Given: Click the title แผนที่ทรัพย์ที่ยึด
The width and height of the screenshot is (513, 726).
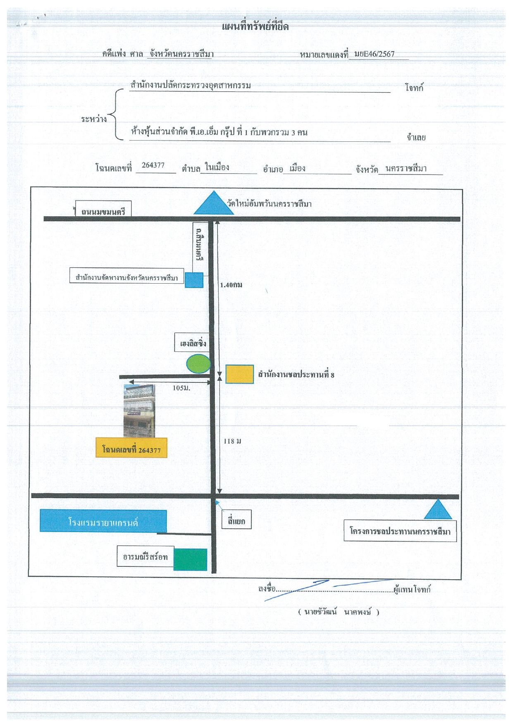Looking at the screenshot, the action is tap(255, 27).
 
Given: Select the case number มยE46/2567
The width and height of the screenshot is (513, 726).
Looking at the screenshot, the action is tap(375, 54).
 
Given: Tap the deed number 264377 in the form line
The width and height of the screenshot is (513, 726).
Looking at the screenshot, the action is tap(153, 165).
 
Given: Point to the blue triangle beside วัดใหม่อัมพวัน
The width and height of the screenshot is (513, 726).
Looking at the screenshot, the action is tap(214, 203).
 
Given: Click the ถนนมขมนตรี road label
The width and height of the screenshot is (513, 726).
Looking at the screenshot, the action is tap(103, 212).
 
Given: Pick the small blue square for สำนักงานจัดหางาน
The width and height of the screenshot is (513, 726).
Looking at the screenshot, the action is tap(194, 280).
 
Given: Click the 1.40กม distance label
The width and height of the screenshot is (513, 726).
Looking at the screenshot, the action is tap(231, 285).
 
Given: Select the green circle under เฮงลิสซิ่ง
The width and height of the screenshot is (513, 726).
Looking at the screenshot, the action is tap(198, 364).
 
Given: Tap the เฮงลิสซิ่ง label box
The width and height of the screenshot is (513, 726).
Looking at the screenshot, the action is tap(191, 342).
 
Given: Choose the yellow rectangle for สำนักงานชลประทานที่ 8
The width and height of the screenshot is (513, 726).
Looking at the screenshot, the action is tap(239, 374).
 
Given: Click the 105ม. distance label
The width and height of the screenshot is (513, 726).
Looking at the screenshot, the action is tap(181, 388).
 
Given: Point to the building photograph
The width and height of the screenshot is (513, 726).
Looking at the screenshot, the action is tap(139, 411).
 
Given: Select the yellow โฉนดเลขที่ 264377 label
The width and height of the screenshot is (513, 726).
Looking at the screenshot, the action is tap(131, 448).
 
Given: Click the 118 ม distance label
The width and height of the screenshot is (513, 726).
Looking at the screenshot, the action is tap(232, 441).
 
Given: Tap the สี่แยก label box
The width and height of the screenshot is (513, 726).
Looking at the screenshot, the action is tap(236, 521).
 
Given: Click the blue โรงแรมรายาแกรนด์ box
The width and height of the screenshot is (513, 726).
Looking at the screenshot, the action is tap(103, 521).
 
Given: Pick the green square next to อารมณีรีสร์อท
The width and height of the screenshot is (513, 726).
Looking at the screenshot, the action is tap(190, 560).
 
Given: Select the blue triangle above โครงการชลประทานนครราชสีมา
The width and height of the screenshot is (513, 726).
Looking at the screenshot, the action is tap(438, 509).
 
